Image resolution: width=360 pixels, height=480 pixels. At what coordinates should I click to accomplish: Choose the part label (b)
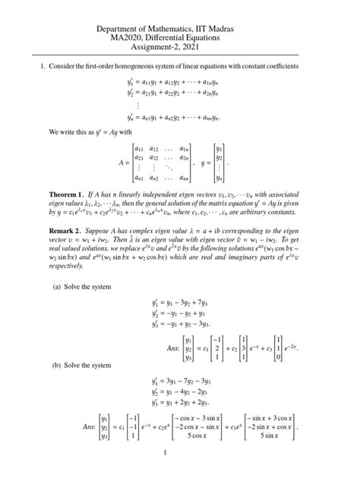pos(57,365)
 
